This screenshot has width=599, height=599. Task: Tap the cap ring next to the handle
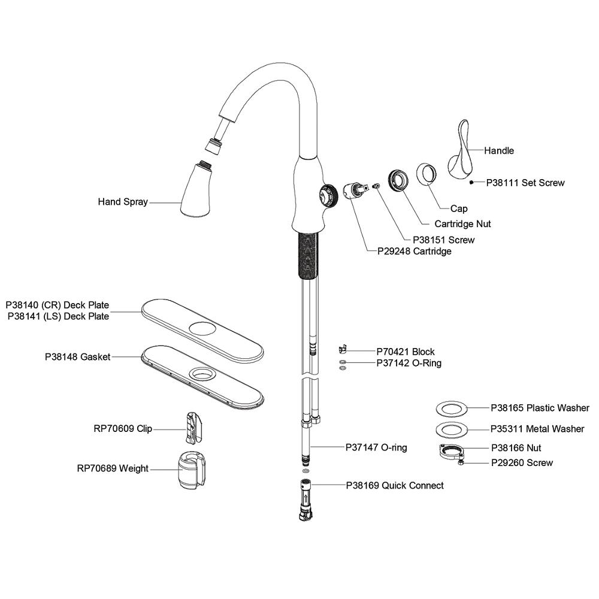coord(428,174)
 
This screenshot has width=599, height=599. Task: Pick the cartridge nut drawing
coord(398,179)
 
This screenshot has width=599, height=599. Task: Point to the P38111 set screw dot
coord(472,181)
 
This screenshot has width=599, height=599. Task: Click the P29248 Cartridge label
coord(414,252)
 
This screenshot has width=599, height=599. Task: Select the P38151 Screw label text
coord(435,240)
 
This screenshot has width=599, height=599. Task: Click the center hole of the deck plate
coord(202,328)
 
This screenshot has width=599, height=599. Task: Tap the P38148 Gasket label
coord(77,356)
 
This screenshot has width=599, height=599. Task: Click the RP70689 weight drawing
coord(193,470)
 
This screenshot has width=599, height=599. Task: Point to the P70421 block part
coord(342,349)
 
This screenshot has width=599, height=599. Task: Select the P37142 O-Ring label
coord(409,363)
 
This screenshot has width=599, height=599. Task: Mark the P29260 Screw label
coord(522,462)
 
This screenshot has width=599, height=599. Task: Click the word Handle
coord(499,151)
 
